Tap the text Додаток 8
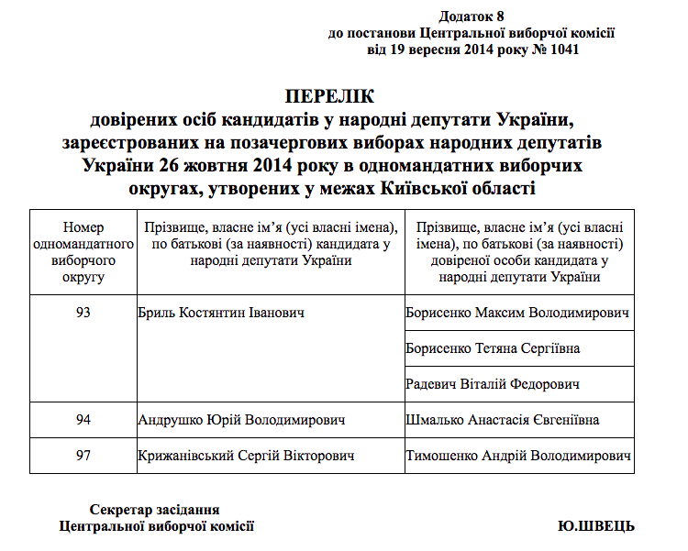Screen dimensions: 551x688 472,17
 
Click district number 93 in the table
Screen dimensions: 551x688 83,314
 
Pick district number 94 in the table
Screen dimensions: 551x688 83,420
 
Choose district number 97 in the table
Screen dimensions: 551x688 83,456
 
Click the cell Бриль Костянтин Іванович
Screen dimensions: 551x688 221,314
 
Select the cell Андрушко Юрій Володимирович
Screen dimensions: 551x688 241,420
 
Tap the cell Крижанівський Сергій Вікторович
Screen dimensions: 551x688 246,456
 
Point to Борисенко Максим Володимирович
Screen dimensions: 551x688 518,314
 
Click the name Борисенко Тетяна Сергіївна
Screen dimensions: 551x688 493,348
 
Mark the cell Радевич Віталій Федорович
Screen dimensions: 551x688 492,384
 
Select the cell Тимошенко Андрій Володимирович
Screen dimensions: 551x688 518,456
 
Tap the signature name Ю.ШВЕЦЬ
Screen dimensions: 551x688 595,526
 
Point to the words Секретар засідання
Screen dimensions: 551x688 155,510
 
